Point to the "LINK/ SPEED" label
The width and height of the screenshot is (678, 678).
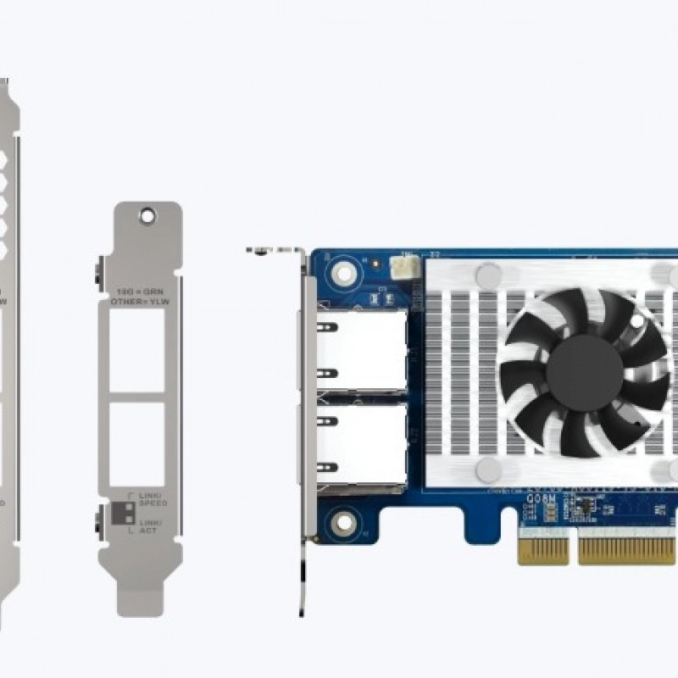(153, 499)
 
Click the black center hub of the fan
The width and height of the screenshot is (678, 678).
(584, 372)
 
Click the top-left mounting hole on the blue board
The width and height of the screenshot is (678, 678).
(343, 272)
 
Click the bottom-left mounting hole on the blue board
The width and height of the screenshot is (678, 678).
(343, 521)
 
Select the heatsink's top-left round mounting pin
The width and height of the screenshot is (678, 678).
(488, 275)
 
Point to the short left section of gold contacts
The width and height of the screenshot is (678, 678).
(543, 550)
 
